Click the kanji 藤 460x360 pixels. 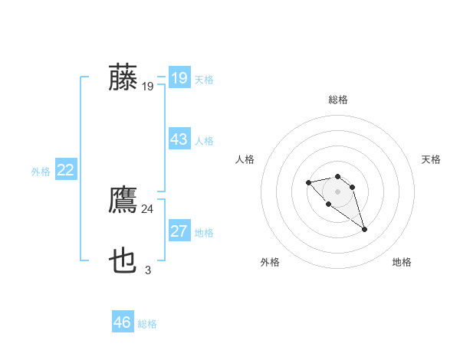123,77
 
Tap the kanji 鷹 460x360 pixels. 123,201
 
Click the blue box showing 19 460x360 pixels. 179,78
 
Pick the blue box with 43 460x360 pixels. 179,139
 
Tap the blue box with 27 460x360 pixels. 179,231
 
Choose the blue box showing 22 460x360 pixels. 65,170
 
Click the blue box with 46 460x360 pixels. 123,322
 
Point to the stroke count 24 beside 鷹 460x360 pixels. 147,208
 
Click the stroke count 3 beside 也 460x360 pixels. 147,270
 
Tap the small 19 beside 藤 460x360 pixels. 147,87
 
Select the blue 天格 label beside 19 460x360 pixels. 204,80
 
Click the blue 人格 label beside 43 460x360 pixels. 204,141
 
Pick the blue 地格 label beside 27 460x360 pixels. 204,233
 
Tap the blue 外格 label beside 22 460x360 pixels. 41,172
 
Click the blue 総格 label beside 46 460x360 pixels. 147,324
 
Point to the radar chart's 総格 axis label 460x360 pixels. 338,100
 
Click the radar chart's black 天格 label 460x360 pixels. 432,159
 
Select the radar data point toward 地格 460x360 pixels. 364,229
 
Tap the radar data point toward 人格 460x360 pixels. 308,182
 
